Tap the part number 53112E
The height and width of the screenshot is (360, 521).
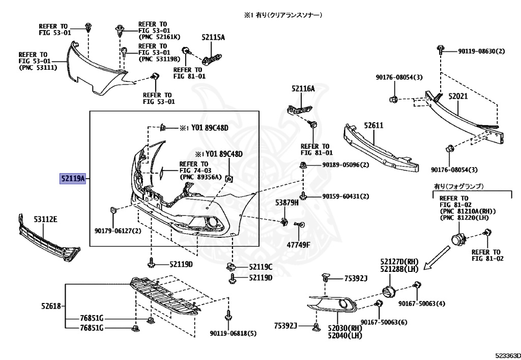[x=45, y=219]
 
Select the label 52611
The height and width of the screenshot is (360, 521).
[x=373, y=125]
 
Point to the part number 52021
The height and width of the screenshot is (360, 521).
[x=458, y=96]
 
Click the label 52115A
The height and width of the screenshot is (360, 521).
[x=213, y=37]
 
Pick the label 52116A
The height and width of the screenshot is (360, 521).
[x=303, y=89]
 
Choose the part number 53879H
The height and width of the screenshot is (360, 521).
[x=287, y=203]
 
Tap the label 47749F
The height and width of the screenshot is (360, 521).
[x=298, y=245]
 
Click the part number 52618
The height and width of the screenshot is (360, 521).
[x=51, y=306]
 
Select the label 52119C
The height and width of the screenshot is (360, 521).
[x=260, y=267]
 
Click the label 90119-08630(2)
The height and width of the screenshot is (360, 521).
[x=481, y=51]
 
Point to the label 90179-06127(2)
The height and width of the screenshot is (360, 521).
[x=118, y=231]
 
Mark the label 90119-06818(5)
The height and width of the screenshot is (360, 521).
[x=233, y=333]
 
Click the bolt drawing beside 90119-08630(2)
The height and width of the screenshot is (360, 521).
[x=441, y=50]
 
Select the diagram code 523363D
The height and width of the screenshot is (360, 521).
[x=508, y=355]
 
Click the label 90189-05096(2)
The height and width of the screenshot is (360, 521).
[x=345, y=164]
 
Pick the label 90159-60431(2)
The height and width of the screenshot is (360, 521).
[x=345, y=196]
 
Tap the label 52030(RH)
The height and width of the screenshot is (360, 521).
[x=345, y=328]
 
